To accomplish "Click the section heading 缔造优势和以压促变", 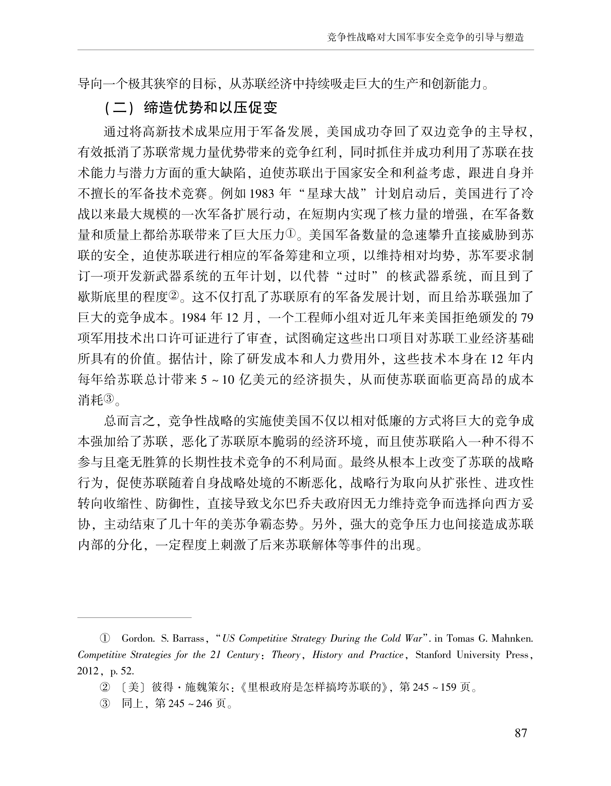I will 211,108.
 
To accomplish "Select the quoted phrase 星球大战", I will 333,194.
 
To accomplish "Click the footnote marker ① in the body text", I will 290,235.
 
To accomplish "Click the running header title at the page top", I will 425,37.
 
